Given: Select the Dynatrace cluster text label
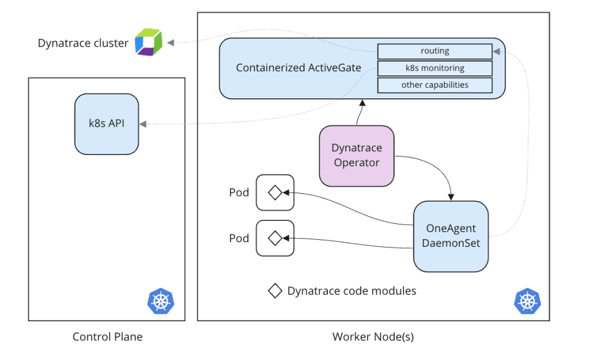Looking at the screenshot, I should pos(83,43).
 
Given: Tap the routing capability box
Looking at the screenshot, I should pos(435,51).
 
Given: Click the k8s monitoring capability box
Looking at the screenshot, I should pos(435,68).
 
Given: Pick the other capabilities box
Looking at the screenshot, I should pos(435,85).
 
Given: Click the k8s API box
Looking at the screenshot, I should pos(107,124).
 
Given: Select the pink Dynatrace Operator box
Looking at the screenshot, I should pos(356,156).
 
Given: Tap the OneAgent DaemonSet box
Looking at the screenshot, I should pos(451,236).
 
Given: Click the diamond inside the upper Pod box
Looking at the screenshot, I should pos(274,192).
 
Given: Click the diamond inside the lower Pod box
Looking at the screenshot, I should pos(274,238).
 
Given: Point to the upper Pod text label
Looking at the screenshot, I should pos(239,193).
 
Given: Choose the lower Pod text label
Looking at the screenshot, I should pos(239,239).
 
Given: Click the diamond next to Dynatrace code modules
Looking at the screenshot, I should pos(274,290).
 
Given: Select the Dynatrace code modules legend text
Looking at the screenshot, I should pos(352,290).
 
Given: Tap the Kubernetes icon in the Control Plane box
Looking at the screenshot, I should pos(160,301).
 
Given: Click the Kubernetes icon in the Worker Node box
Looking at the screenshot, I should pos(527,301).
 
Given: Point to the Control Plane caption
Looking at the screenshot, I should pos(107,337).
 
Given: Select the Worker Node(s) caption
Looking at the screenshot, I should pos(373,337).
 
